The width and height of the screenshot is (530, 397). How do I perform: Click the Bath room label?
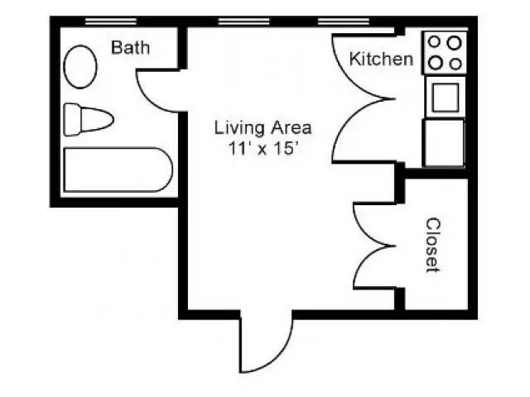coord(131,48)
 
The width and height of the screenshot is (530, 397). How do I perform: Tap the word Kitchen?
coord(381,60)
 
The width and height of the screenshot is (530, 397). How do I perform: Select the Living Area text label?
coord(263,127)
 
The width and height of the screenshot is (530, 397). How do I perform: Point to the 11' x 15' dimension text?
coord(263,148)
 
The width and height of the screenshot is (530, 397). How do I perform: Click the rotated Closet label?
coord(432,245)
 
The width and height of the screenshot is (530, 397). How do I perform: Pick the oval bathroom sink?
coord(80,67)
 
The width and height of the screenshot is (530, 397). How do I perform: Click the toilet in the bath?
coord(87,119)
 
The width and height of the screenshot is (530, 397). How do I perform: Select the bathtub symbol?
coord(117,170)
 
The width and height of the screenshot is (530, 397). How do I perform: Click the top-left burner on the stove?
coord(434,42)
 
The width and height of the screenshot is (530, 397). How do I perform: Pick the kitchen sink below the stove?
coord(444,98)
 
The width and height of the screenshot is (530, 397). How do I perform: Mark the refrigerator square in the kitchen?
coord(444,142)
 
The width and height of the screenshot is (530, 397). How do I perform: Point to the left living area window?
coord(241,21)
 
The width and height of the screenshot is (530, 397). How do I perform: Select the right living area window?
coord(343,21)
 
